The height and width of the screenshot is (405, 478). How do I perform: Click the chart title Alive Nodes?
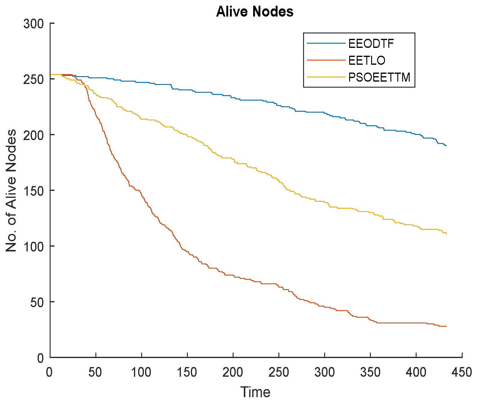click(255, 12)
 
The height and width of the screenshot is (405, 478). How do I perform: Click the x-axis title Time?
click(255, 392)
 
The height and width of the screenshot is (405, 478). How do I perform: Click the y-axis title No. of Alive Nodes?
click(11, 191)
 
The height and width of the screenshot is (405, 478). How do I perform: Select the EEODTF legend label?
click(371, 44)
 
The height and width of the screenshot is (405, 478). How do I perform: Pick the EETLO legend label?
click(367, 61)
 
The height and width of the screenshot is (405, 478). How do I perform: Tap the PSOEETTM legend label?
click(379, 77)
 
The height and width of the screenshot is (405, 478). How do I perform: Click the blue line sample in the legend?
click(326, 43)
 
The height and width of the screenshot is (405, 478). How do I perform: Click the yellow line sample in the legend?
click(326, 77)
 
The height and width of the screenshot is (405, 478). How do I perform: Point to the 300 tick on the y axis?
click(33, 24)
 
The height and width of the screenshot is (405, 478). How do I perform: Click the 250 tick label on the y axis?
click(33, 79)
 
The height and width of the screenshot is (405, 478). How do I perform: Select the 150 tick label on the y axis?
click(33, 191)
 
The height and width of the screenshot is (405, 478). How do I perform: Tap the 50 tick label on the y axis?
click(37, 302)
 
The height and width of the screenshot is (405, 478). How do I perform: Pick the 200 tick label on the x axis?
click(233, 372)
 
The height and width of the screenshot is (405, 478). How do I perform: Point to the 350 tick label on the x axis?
click(370, 372)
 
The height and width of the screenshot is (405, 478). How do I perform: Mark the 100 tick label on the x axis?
click(141, 372)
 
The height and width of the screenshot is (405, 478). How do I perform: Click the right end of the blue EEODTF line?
click(446, 145)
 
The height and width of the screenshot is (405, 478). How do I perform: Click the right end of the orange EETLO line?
click(446, 326)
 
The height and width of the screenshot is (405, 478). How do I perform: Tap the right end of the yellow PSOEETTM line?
click(446, 233)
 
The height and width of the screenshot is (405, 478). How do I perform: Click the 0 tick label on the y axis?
click(41, 358)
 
